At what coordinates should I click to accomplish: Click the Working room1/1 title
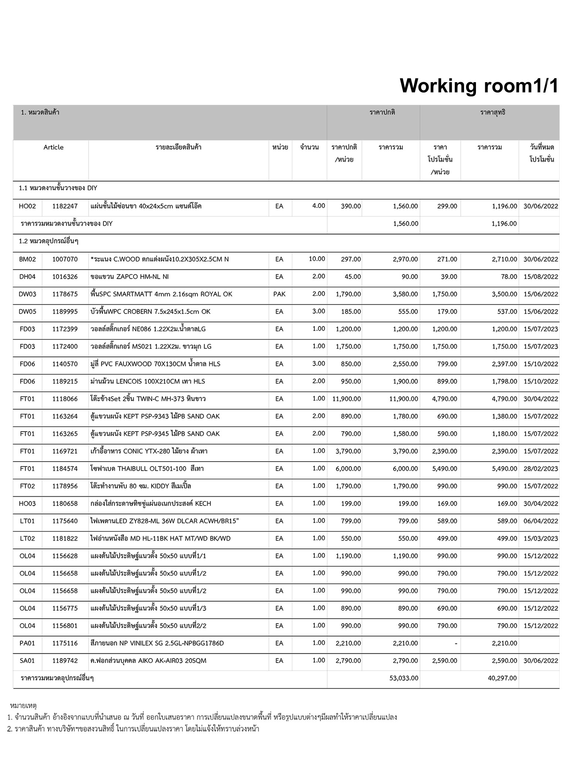(479, 86)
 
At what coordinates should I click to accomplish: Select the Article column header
(53, 147)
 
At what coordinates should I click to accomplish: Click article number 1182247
(65, 206)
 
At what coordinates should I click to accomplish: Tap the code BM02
(27, 259)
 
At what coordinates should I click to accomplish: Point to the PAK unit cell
(279, 294)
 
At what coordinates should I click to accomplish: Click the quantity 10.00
(317, 259)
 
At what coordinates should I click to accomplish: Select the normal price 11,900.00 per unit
(346, 399)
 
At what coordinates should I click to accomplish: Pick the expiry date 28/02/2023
(541, 469)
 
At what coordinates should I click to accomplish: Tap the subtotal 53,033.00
(404, 678)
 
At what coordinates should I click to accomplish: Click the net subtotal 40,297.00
(502, 678)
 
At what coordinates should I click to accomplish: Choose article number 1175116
(65, 643)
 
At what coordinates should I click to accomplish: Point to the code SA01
(27, 661)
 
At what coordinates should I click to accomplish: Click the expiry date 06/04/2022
(541, 521)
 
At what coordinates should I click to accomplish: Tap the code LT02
(27, 539)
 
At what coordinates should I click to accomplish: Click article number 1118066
(65, 399)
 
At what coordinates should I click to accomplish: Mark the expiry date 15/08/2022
(541, 277)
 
